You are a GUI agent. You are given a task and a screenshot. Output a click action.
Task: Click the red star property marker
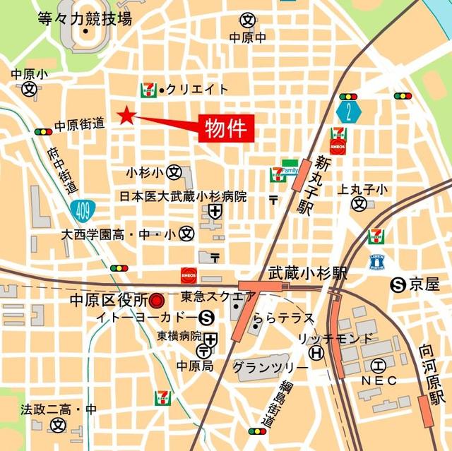click(x=126, y=115)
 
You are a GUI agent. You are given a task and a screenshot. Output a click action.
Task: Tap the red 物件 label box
click(x=225, y=128)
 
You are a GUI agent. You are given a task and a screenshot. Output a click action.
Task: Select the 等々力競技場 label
click(x=84, y=18)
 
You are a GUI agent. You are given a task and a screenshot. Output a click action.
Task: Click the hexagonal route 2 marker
click(x=348, y=111)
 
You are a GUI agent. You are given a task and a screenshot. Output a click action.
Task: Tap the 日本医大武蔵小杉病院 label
click(x=182, y=196)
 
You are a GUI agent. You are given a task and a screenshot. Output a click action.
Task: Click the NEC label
click(x=380, y=380)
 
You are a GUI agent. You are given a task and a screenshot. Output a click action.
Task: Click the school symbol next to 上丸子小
click(x=359, y=204)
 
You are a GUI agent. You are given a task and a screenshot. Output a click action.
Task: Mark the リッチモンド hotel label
click(x=334, y=339)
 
